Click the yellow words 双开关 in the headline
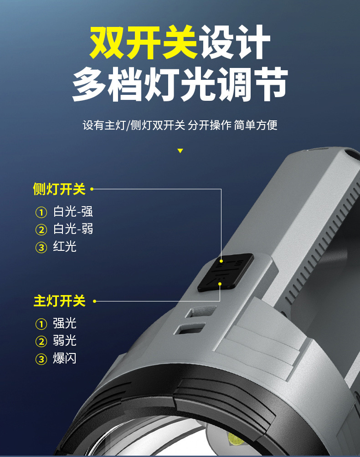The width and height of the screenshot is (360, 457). coord(144,43)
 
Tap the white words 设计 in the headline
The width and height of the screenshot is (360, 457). coord(234,43)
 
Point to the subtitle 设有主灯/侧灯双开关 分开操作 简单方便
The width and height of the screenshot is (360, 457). coord(180,125)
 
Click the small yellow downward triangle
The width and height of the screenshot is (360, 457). coord(180,151)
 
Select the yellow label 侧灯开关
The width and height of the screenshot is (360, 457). coord(59,189)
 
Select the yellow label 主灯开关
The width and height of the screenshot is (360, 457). coord(59,301)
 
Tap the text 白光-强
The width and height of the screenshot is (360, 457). coord(73,212)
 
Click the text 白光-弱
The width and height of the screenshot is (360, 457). coord(73,229)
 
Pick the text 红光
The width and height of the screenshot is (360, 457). coord(65,247)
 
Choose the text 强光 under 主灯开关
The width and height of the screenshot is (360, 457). coord(65,324)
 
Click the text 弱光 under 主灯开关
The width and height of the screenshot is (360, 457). coord(65,341)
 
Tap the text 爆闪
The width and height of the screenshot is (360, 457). coord(65,358)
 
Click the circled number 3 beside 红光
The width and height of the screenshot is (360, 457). coord(41,248)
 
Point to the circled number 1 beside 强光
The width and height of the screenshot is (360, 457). coord(41,324)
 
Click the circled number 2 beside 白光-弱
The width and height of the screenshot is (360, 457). coord(41,230)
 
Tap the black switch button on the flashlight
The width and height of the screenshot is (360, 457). coord(225,272)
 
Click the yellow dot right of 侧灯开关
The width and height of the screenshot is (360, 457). coord(92,189)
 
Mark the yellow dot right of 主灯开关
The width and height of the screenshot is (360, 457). coord(95,301)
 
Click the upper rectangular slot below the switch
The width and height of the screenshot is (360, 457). coord(195,312)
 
